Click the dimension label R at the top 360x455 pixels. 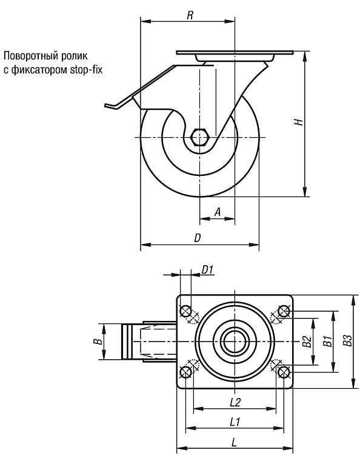(190, 15)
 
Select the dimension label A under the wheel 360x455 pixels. (218, 212)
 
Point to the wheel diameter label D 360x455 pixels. (197, 238)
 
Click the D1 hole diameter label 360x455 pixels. (207, 270)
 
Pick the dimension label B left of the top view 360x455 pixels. (99, 341)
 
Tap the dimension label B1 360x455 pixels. (327, 341)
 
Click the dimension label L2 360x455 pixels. (235, 402)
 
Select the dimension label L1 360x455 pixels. (235, 422)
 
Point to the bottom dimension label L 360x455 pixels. (234, 442)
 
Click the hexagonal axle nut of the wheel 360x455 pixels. (200, 136)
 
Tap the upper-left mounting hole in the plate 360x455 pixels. (186, 311)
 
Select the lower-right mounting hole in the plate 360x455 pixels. (284, 372)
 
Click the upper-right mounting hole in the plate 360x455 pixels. (284, 311)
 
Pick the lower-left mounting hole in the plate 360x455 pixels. (186, 372)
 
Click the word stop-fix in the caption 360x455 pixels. (86, 70)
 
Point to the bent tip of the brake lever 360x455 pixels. (108, 106)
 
